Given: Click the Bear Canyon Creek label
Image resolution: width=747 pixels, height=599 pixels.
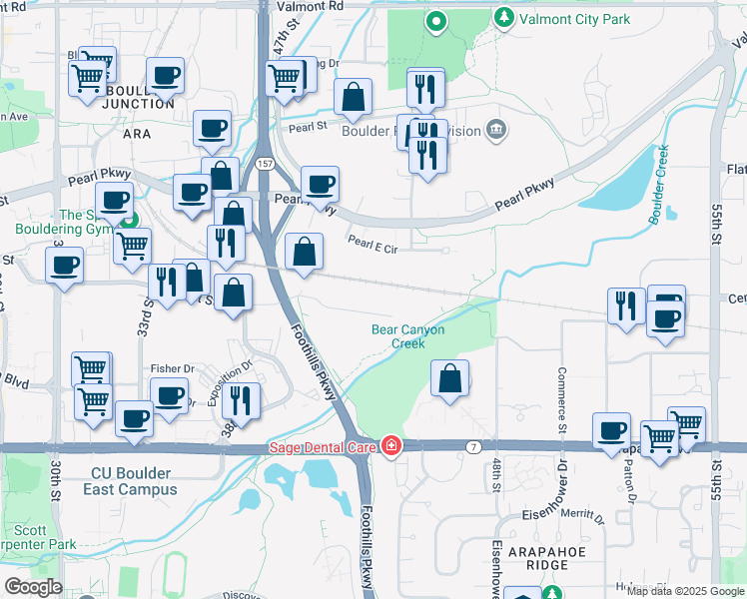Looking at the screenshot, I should (407, 336).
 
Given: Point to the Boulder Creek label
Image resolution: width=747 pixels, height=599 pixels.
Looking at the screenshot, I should (659, 184).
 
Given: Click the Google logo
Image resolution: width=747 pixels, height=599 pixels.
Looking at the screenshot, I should (33, 587).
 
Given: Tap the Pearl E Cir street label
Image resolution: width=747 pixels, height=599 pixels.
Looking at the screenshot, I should (373, 244).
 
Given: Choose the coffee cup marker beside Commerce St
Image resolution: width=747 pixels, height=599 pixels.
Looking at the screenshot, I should (611, 431).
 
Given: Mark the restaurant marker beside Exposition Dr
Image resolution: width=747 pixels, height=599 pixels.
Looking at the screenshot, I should (241, 401).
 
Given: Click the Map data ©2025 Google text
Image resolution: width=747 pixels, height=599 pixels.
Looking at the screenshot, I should (684, 591).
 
